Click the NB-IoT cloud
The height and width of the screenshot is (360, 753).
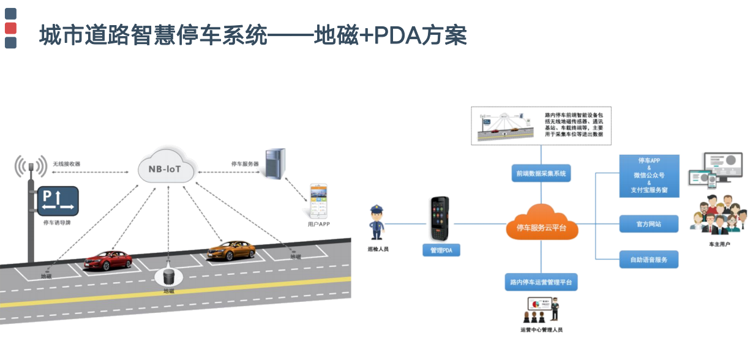(x=167, y=167)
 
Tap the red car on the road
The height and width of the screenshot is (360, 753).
(x=108, y=261)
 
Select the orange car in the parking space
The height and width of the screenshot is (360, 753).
(x=231, y=250)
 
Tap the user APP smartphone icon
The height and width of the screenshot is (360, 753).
(x=319, y=200)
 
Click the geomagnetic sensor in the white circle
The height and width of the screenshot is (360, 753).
(x=168, y=276)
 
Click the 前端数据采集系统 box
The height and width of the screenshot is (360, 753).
(x=541, y=174)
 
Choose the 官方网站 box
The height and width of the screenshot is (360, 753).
(x=649, y=223)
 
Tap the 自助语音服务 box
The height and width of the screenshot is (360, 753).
(x=649, y=260)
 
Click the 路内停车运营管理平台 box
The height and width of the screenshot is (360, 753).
(x=541, y=282)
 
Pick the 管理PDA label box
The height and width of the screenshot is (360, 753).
(x=441, y=250)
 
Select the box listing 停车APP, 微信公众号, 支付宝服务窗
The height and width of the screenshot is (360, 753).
(x=649, y=176)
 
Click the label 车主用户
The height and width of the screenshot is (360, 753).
(x=720, y=244)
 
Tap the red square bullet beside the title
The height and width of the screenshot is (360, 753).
(x=10, y=28)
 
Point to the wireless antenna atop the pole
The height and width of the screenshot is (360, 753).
(x=31, y=166)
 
